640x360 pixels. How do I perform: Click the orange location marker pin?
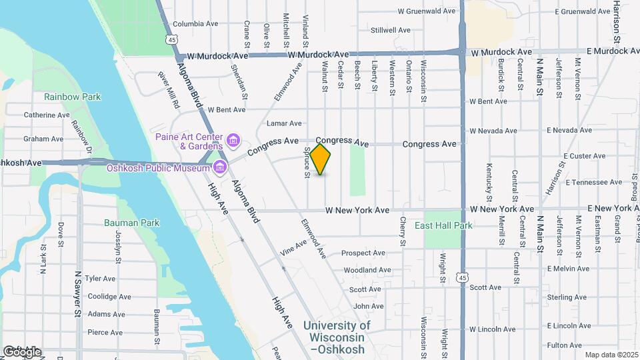tap(321, 159)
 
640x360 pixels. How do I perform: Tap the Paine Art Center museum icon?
tap(233, 140)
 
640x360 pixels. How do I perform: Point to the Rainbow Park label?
tap(72, 97)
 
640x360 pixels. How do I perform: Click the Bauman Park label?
tap(131, 222)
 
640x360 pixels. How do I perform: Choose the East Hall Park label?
tap(443, 225)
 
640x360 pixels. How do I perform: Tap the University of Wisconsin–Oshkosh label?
tap(337, 337)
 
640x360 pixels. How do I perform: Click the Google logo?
tap(21, 351)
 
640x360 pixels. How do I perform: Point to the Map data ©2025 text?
tap(611, 355)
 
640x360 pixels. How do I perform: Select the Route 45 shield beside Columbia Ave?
tap(173, 40)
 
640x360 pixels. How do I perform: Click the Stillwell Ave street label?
tap(391, 30)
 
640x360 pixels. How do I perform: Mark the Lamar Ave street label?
tap(284, 123)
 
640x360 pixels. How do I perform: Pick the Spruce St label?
tap(308, 163)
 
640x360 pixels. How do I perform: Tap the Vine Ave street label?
tap(293, 249)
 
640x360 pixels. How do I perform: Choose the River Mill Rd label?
tap(169, 91)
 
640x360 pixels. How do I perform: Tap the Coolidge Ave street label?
tap(102, 296)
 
